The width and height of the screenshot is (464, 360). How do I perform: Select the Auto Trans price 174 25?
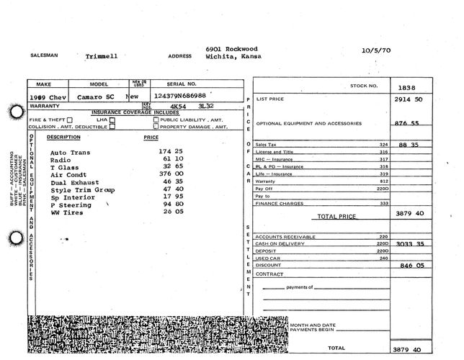point(153,153)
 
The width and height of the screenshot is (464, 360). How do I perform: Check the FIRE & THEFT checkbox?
point(70,120)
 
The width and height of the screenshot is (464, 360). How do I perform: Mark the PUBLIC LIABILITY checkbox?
point(156,120)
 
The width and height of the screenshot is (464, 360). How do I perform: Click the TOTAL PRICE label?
point(336,216)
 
